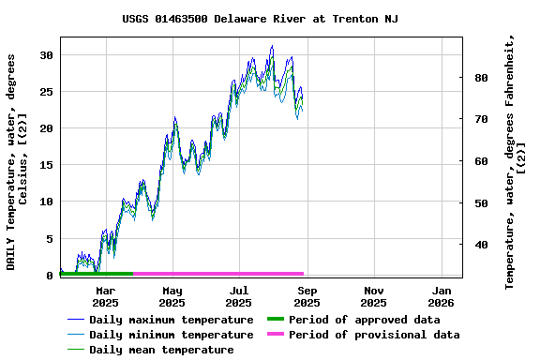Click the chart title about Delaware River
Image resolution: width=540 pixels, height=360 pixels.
pos(260,19)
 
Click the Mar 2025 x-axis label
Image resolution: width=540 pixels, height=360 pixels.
pos(105,297)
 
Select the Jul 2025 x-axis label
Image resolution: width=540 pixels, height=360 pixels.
pos(239,297)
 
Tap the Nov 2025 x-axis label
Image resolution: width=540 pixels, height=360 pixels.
pos(373,297)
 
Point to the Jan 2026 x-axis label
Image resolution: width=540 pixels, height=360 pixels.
pos(441,297)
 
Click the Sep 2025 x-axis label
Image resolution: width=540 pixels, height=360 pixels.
pos(307,297)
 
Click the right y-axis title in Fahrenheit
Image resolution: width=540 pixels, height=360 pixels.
pos(516,161)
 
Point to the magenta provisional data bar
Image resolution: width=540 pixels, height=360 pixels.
pos(218,274)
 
